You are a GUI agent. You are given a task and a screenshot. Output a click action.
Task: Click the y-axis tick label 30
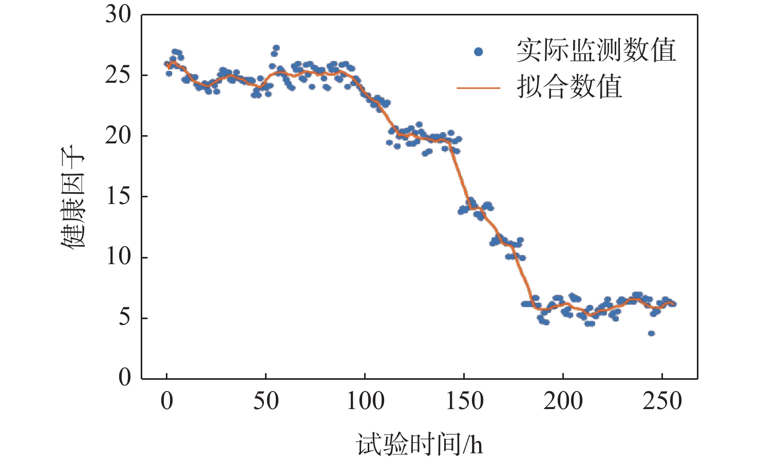click(x=118, y=15)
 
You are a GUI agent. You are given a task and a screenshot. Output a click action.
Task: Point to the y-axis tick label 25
click(x=118, y=76)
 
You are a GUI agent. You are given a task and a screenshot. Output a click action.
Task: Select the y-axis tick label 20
click(x=118, y=136)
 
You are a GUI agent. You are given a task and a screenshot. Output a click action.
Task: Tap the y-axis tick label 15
click(x=118, y=197)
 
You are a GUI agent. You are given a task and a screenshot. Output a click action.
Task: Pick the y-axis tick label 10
click(x=118, y=257)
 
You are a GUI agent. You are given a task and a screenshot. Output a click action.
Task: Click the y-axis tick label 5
click(x=125, y=318)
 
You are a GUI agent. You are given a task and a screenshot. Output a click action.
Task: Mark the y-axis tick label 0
click(x=125, y=378)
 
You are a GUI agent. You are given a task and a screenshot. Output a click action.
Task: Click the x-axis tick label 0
click(x=167, y=401)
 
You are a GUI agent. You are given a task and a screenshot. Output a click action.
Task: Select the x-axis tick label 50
click(x=266, y=401)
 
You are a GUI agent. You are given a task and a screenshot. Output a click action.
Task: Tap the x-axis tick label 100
click(x=365, y=401)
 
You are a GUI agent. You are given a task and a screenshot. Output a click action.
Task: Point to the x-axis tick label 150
click(x=464, y=401)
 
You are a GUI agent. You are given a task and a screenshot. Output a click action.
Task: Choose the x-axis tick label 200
click(x=563, y=401)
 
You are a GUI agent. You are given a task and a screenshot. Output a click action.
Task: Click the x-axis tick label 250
click(x=662, y=401)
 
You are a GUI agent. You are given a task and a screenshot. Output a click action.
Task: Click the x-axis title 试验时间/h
click(x=420, y=444)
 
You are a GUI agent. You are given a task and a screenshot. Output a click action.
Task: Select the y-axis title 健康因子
click(x=73, y=197)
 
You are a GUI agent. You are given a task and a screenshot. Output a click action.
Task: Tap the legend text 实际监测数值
click(x=596, y=50)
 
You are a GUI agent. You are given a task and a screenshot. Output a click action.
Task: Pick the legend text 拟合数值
click(x=570, y=86)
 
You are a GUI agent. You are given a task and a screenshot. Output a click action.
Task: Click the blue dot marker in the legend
click(x=479, y=51)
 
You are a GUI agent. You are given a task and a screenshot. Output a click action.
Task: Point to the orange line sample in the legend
click(x=478, y=88)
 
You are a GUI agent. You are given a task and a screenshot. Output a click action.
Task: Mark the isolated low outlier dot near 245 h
click(x=651, y=334)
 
